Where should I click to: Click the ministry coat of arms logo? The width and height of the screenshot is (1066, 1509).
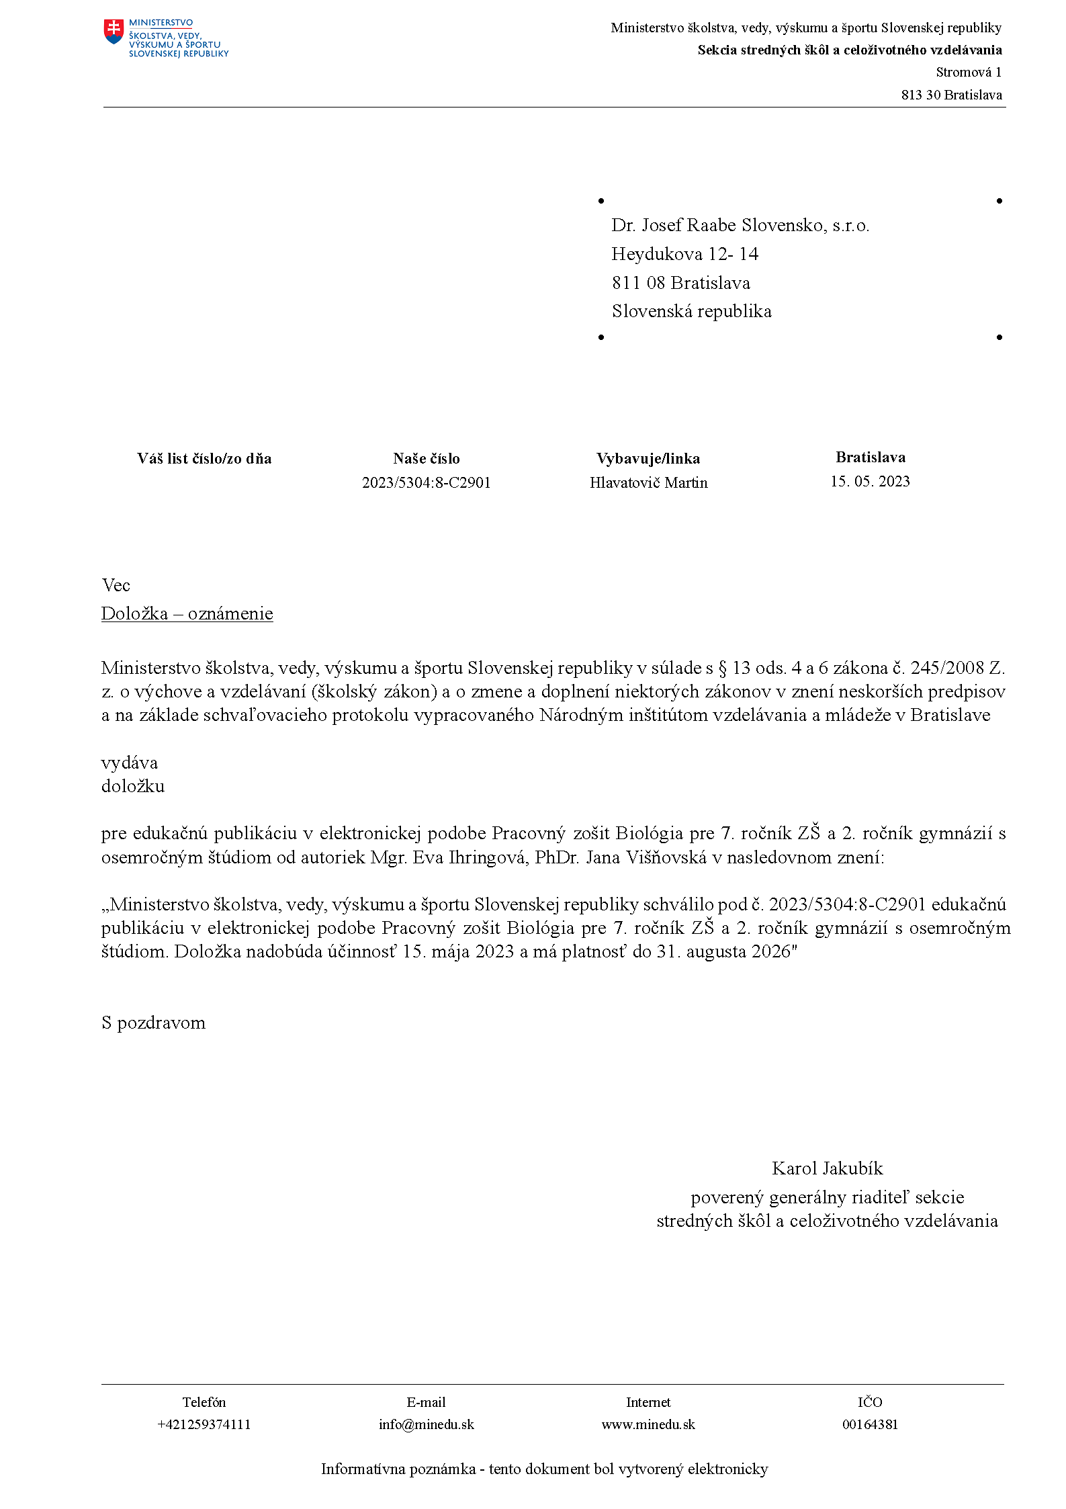click(x=114, y=32)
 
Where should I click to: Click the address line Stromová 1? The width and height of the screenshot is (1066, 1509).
click(x=968, y=72)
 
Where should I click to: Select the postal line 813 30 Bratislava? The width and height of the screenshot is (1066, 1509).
click(x=951, y=95)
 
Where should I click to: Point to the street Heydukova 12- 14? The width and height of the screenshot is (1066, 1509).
click(x=684, y=254)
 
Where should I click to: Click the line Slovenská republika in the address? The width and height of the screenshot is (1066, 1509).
click(x=691, y=311)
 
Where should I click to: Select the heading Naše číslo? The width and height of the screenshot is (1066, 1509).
click(x=426, y=458)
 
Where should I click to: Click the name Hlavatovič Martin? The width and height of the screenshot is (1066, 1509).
click(x=648, y=482)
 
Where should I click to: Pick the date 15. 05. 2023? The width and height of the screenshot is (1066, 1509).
click(x=870, y=481)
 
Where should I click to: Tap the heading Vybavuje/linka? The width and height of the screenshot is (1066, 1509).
click(x=648, y=458)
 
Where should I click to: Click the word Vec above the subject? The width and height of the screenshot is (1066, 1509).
click(x=116, y=585)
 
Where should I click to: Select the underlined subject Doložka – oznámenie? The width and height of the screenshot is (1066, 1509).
click(x=187, y=613)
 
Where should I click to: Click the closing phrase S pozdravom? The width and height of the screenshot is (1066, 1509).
click(x=153, y=1023)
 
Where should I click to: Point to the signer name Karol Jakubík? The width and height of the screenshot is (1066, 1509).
click(x=827, y=1168)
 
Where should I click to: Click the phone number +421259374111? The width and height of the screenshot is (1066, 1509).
click(x=204, y=1424)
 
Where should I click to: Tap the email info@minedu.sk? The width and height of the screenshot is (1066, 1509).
click(x=426, y=1424)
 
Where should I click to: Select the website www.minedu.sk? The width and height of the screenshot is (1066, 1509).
click(x=648, y=1424)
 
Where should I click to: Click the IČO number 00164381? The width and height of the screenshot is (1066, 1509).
click(x=870, y=1424)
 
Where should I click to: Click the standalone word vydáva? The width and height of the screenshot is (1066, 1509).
click(x=130, y=763)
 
